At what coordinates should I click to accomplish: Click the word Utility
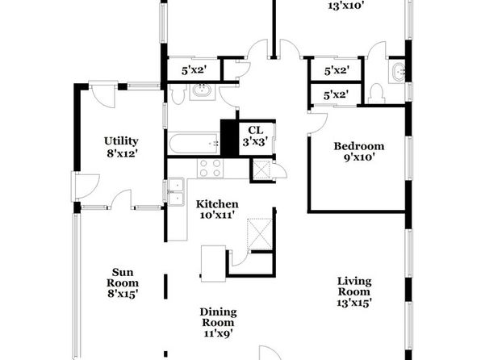121,141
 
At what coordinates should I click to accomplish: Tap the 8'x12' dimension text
122,153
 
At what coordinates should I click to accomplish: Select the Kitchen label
217,203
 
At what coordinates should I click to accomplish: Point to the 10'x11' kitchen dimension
217,216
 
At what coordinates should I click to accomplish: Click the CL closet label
256,130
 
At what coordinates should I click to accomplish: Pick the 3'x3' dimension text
256,142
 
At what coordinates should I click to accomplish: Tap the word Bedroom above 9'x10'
359,146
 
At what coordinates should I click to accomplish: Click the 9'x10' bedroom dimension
359,157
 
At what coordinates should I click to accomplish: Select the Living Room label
354,287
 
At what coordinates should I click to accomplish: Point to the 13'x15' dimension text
354,303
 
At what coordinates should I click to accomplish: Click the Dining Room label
218,317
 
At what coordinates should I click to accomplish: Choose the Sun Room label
123,278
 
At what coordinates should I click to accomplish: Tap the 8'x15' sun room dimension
122,294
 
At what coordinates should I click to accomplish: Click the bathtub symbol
193,144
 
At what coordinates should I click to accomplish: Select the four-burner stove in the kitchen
210,168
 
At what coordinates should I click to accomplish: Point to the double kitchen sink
176,191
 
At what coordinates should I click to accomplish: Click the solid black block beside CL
229,138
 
